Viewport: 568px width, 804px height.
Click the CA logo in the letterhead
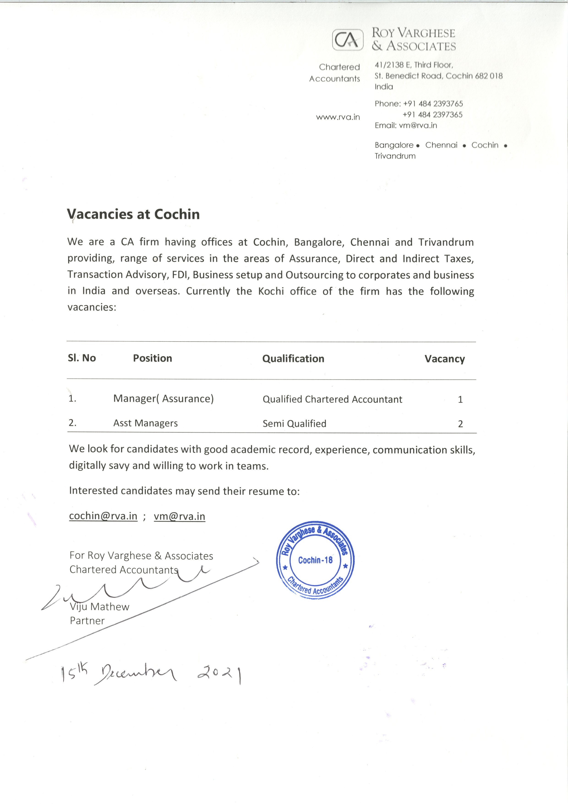click(x=347, y=41)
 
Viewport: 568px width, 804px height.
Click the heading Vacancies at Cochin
click(x=133, y=214)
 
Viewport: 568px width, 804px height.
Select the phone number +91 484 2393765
click(x=433, y=104)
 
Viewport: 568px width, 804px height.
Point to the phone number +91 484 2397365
click(x=433, y=115)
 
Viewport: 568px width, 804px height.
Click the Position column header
click(x=152, y=358)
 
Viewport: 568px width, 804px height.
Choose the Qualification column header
click(x=293, y=359)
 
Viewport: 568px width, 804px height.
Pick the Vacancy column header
click(x=445, y=359)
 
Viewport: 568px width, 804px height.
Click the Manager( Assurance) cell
click(x=163, y=399)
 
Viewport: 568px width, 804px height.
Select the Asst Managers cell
click(x=145, y=423)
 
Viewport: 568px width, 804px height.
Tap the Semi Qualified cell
click(x=294, y=424)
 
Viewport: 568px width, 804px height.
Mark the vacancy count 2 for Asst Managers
click(x=460, y=424)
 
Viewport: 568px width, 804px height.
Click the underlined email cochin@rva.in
click(x=103, y=516)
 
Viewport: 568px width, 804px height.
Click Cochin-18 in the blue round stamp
click(x=315, y=560)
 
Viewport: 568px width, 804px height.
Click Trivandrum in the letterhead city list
click(x=395, y=156)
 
